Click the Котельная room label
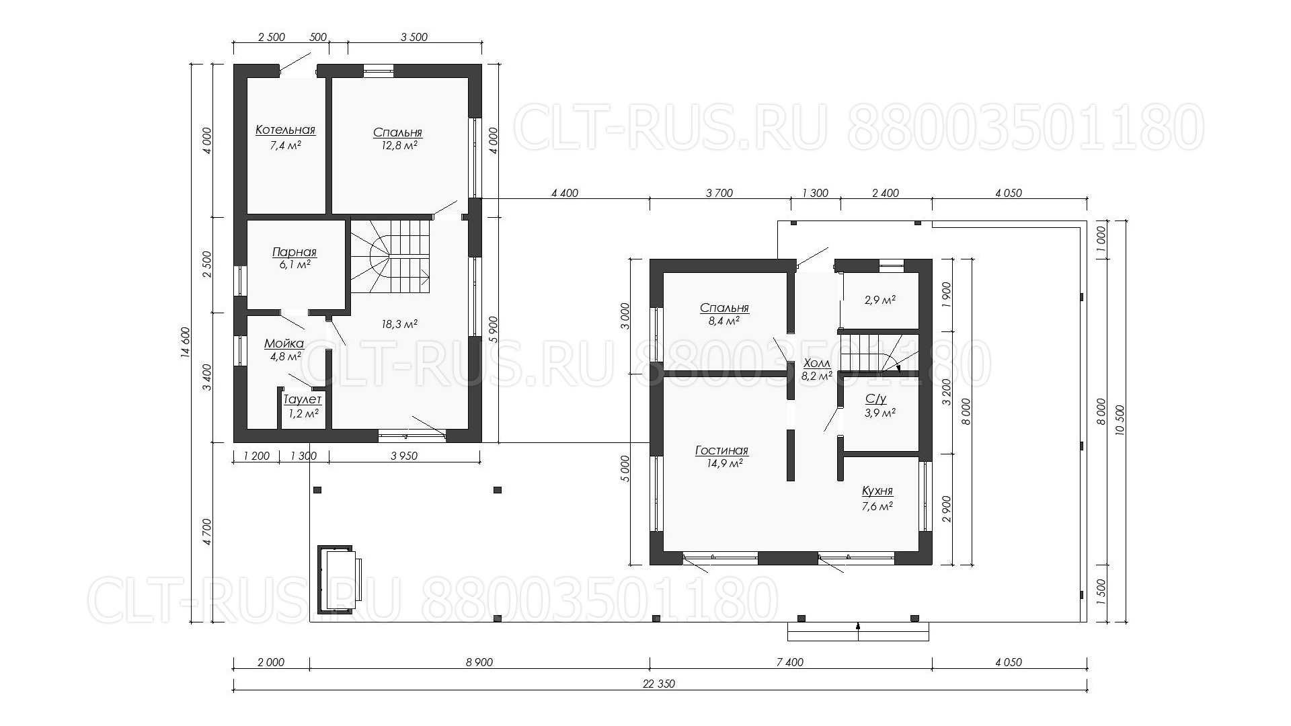click(285, 130)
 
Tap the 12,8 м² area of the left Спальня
click(398, 145)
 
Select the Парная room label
click(295, 253)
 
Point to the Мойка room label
click(284, 344)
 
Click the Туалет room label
click(303, 400)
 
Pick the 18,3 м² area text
click(399, 324)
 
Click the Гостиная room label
click(721, 451)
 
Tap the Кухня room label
click(877, 492)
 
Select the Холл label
click(817, 364)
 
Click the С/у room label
click(876, 399)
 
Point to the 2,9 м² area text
click(879, 300)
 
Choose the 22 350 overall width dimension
click(659, 684)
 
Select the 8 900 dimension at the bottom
click(479, 663)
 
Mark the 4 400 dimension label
click(565, 194)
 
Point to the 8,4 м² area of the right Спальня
click(724, 321)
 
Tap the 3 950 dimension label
click(404, 456)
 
